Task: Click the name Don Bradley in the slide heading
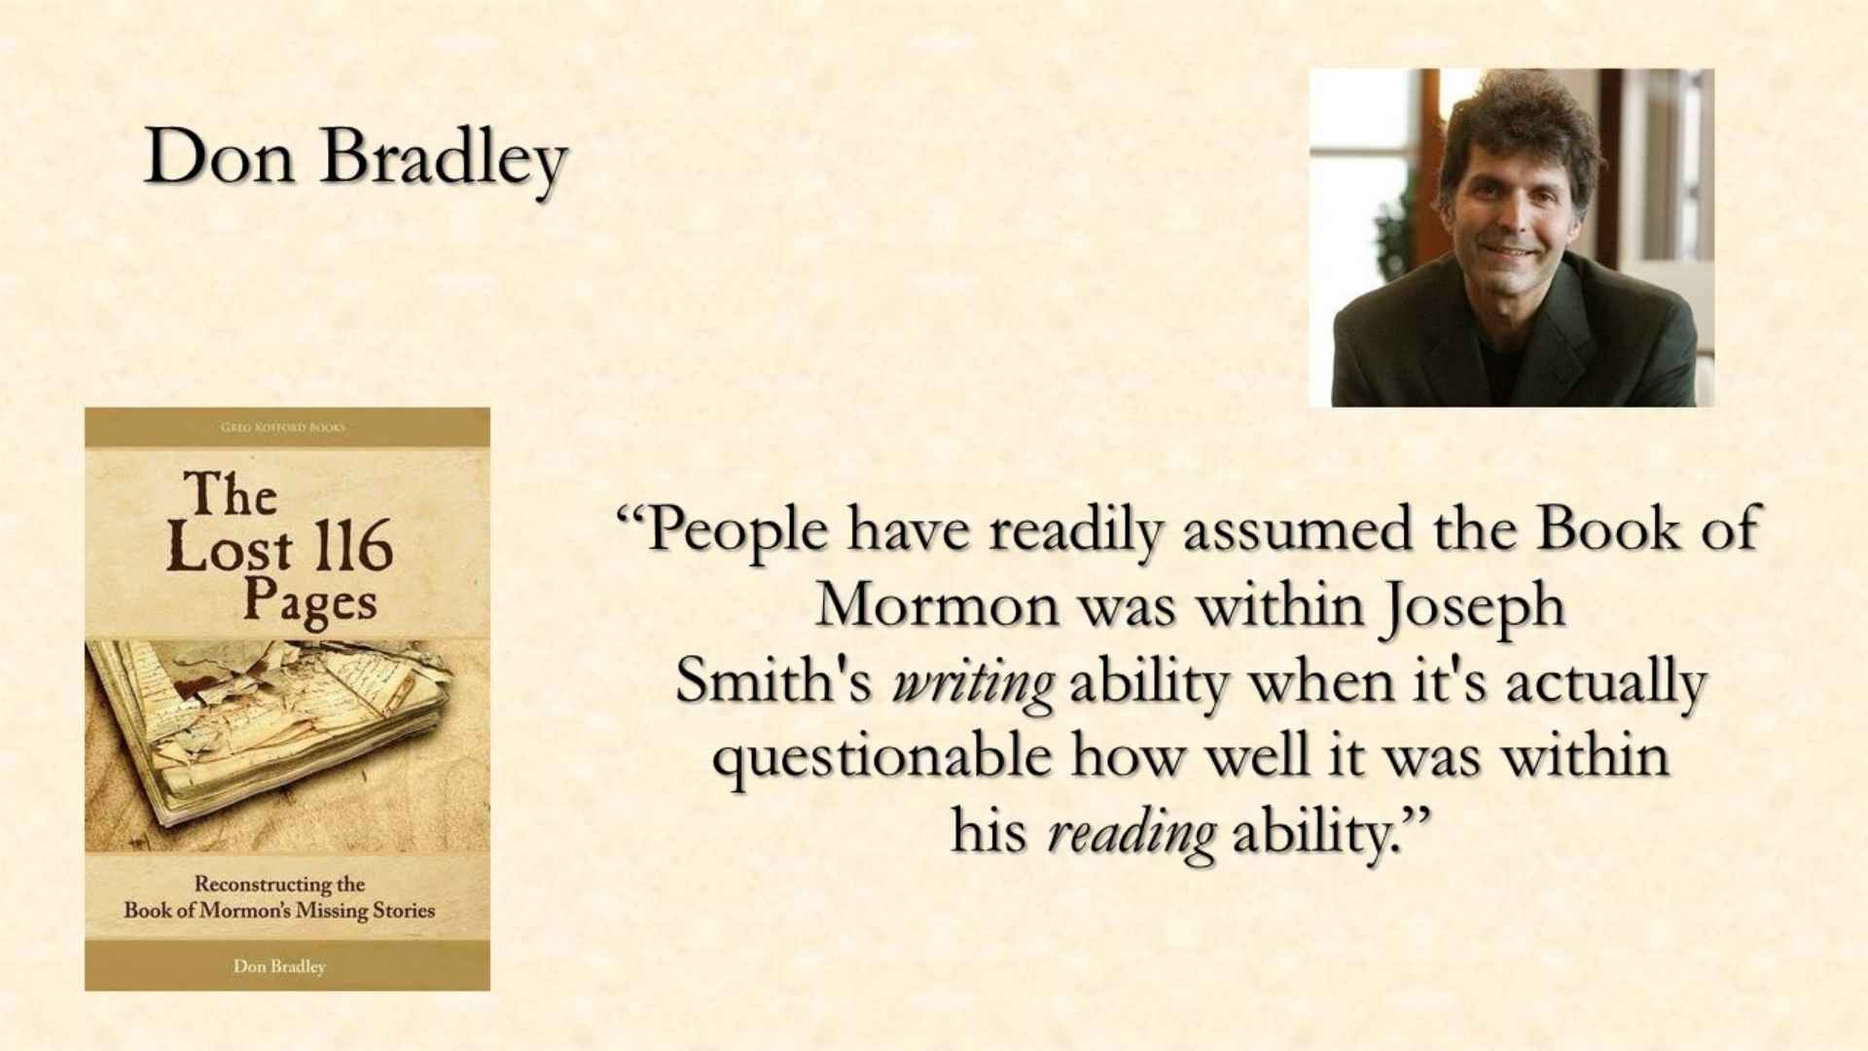(x=356, y=160)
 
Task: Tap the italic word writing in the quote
(x=972, y=685)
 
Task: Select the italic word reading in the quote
(x=1132, y=836)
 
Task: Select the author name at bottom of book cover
(x=279, y=966)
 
